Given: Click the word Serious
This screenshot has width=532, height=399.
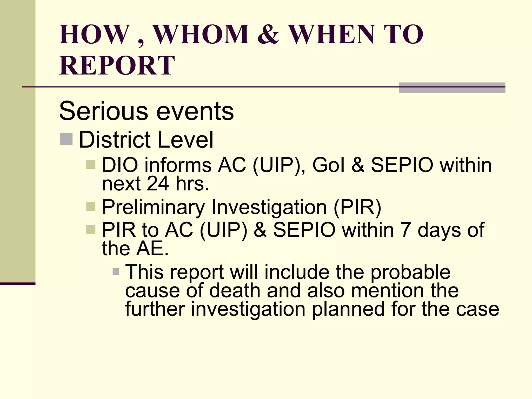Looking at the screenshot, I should pos(104,111).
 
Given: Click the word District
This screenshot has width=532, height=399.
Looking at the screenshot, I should pos(115,139).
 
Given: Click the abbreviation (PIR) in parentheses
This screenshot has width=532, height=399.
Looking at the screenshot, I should pos(357,207).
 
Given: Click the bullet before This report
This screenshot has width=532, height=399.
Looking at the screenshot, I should pos(116,272).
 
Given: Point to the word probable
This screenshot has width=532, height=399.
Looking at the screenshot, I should pos(410,272).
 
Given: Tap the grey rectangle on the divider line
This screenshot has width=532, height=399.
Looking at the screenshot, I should pos(452,88).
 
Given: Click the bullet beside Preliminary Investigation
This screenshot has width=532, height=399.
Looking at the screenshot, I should pos(91,207).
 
